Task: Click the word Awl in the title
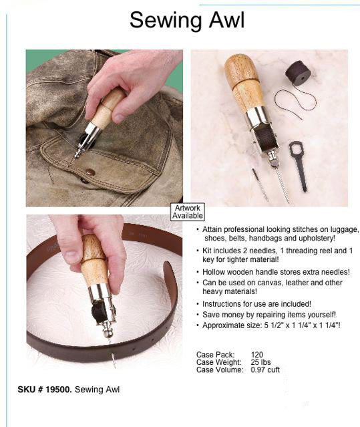tap(226, 20)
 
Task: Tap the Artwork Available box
tap(188, 212)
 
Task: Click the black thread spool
tap(299, 74)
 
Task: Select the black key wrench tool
tap(299, 166)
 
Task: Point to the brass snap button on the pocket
tap(90, 172)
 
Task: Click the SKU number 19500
tap(58, 390)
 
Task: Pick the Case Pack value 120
tap(257, 355)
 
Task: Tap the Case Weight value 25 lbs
tap(260, 362)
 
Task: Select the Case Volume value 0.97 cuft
tap(265, 370)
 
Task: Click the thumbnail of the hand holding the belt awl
tap(104, 291)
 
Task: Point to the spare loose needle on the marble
tap(260, 184)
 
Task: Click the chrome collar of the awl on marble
tap(256, 116)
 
